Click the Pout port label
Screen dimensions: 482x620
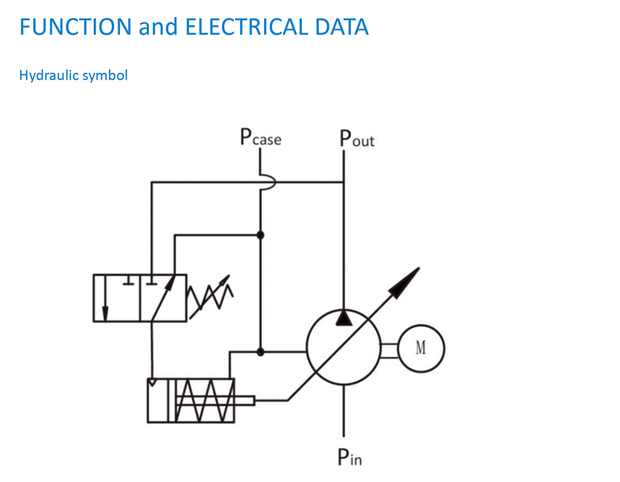coord(357,138)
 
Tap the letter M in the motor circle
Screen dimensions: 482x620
coord(421,347)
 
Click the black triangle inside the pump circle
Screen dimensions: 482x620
coord(343,317)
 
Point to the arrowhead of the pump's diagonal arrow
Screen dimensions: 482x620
coord(407,279)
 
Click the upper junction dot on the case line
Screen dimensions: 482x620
coord(260,235)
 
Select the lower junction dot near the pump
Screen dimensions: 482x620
coord(260,352)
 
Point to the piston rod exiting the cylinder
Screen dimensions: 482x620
coord(245,400)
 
